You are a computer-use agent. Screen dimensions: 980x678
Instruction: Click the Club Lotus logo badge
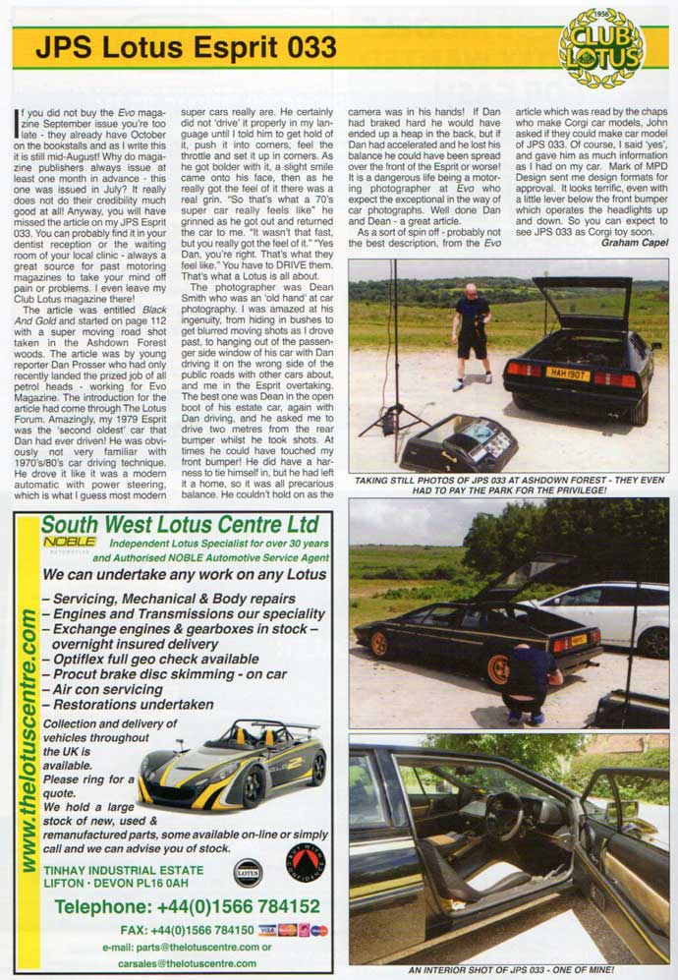(x=600, y=47)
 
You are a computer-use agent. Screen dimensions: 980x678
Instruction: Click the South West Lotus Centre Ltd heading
(x=180, y=525)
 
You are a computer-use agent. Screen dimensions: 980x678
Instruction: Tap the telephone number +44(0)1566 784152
(x=187, y=906)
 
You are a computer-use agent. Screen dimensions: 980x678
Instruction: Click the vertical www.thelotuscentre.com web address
(x=28, y=738)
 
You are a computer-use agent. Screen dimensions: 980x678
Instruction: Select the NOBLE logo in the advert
(x=70, y=542)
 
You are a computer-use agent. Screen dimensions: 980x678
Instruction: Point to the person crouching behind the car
(x=532, y=678)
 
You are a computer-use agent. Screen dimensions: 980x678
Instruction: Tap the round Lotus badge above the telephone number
(x=248, y=871)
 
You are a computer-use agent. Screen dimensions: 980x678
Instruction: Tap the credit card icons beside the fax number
(x=292, y=929)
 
